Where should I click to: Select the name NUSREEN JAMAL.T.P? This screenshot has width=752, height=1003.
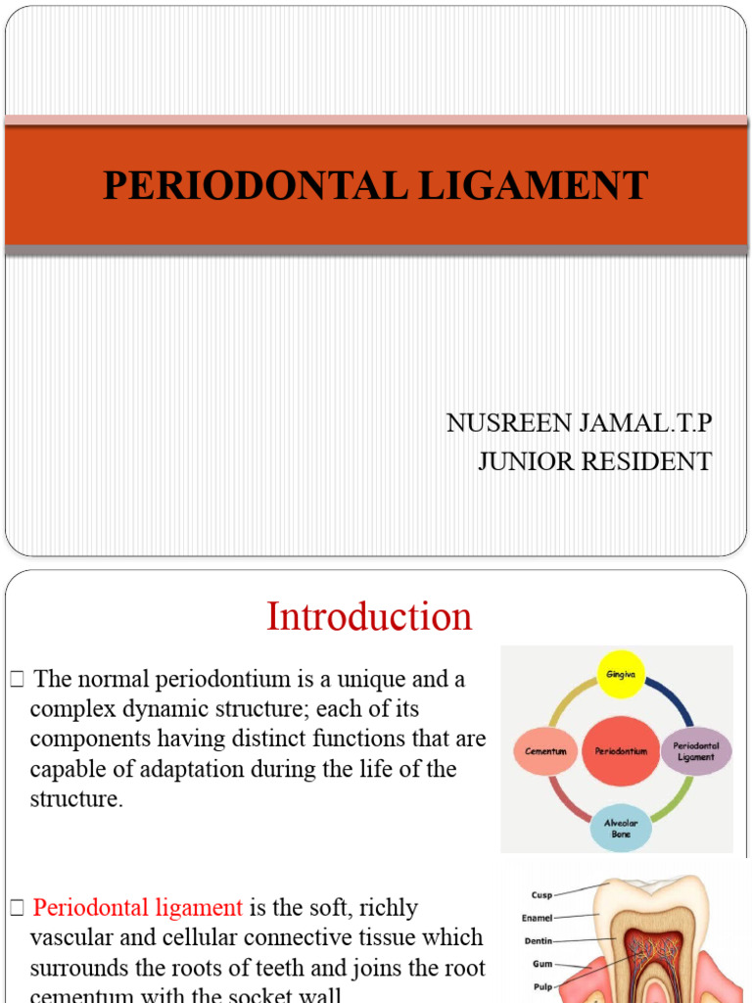(579, 423)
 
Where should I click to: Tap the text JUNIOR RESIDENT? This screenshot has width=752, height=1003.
(594, 461)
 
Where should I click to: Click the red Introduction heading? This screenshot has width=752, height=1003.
(369, 617)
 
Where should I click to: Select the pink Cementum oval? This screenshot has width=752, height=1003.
(546, 751)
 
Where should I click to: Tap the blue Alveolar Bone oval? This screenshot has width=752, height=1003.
(622, 829)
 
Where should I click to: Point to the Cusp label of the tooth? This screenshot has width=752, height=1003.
(541, 894)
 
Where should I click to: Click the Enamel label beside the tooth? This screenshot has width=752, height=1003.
(538, 918)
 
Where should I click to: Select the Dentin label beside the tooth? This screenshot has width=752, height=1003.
(538, 941)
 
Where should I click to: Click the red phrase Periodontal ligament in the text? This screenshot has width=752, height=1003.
(137, 908)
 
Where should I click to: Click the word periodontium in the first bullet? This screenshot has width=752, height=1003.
(213, 679)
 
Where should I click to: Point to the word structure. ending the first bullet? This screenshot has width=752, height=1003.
(76, 798)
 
